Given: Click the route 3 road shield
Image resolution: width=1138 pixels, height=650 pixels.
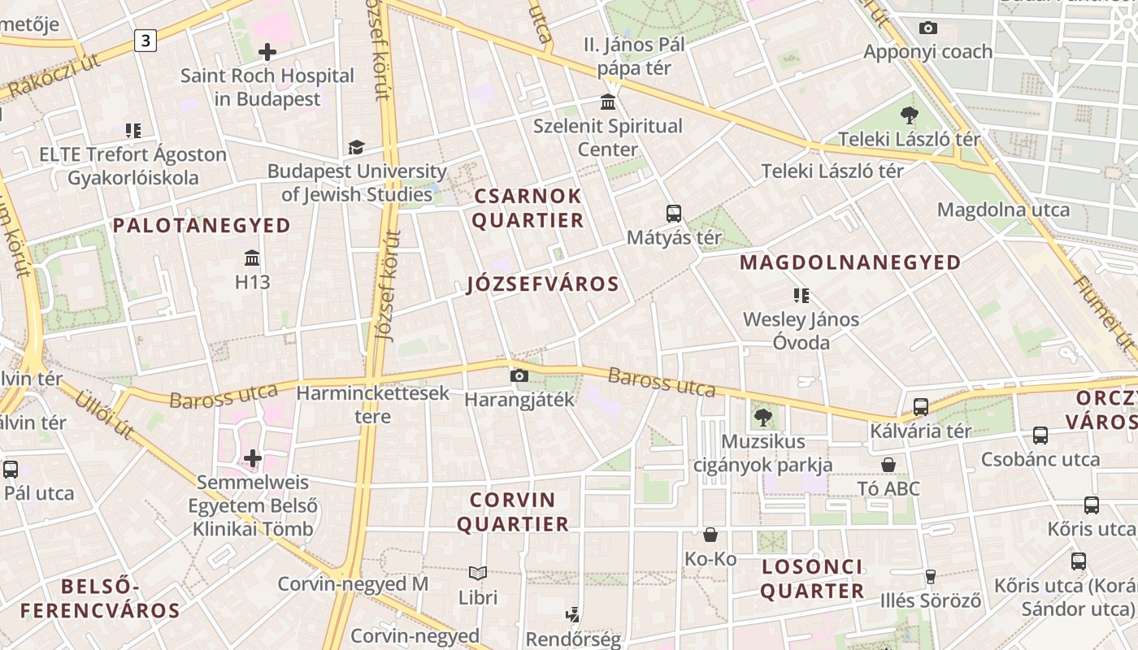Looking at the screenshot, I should click(146, 40).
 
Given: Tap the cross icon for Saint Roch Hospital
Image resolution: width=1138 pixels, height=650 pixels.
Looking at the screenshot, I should click(267, 53).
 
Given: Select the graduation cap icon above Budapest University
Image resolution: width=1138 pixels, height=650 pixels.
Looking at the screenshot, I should click(356, 147).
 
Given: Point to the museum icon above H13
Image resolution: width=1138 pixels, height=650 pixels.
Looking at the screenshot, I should click(252, 258).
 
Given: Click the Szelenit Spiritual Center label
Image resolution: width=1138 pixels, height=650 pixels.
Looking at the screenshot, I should click(608, 137).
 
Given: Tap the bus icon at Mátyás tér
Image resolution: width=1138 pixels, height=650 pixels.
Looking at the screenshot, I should click(673, 214).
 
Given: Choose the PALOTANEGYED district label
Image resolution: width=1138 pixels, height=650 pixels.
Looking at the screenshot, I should click(202, 225).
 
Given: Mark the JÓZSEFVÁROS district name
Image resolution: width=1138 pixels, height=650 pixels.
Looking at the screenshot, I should click(543, 284).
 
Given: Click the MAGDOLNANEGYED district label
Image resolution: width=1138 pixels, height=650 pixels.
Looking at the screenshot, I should click(850, 262).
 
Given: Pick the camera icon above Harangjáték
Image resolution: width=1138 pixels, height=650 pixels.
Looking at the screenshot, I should click(519, 375).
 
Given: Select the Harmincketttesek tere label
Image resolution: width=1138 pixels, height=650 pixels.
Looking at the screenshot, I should click(373, 405).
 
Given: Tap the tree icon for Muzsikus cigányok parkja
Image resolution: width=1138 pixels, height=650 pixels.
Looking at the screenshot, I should click(762, 418).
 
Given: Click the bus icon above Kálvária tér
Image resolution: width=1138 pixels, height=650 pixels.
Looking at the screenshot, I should click(921, 407).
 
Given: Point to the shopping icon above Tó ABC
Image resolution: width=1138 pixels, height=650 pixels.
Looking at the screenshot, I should click(888, 465).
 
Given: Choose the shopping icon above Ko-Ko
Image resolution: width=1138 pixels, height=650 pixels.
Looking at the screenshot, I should click(710, 535).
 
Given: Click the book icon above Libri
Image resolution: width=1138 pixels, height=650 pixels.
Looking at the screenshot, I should click(478, 574).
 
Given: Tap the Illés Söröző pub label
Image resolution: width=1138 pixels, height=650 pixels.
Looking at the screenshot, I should click(931, 601).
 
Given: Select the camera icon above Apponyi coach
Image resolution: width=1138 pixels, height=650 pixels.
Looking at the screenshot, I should click(927, 28).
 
